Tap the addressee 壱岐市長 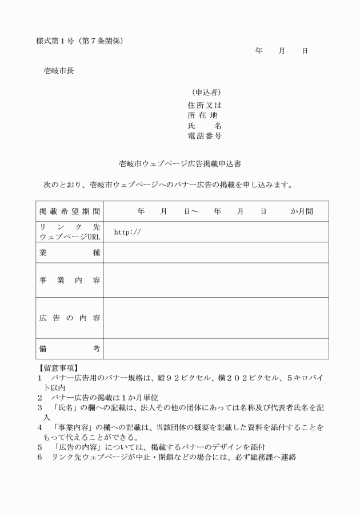tap(58, 71)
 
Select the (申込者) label tap(205, 93)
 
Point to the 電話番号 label tap(205, 135)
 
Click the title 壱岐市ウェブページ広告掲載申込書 tap(179, 163)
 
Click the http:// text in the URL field tap(127, 232)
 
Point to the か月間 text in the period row tap(302, 211)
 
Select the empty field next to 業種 tap(215, 253)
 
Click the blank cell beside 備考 tap(215, 348)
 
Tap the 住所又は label tap(205, 105)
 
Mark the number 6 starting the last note tap(40, 457)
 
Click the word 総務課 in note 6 tap(262, 457)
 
